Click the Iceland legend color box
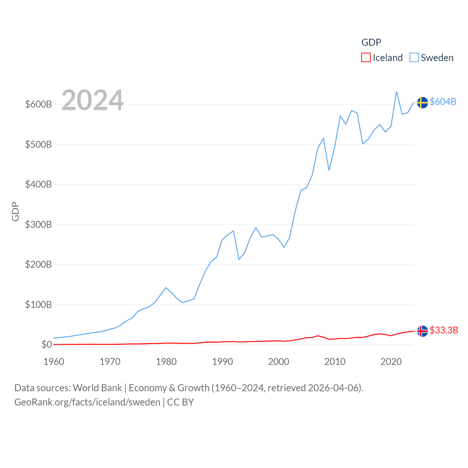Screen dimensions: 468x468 click(x=366, y=58)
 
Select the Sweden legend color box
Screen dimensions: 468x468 click(x=414, y=58)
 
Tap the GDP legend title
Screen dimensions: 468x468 click(x=371, y=42)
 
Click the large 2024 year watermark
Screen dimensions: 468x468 click(x=93, y=100)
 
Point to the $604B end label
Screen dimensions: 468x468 click(x=443, y=102)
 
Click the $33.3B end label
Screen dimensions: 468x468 click(x=444, y=330)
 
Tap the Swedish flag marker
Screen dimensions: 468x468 click(x=422, y=103)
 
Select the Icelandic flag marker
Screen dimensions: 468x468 click(x=422, y=331)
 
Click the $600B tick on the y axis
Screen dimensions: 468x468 click(x=38, y=104)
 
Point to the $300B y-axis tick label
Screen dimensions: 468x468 click(x=38, y=224)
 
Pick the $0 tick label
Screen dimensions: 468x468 click(x=46, y=344)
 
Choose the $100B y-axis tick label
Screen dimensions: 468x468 click(x=38, y=305)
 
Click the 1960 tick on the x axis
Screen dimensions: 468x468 click(x=54, y=362)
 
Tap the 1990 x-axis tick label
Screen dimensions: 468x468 click(x=222, y=362)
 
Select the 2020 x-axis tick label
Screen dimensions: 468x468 click(x=391, y=362)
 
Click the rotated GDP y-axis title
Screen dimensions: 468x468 click(x=15, y=211)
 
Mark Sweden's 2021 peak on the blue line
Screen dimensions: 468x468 click(x=397, y=92)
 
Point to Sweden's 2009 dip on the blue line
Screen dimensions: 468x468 click(x=329, y=170)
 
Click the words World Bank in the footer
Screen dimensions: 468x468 click(x=97, y=388)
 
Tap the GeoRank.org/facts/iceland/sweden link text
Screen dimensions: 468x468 click(x=87, y=402)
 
